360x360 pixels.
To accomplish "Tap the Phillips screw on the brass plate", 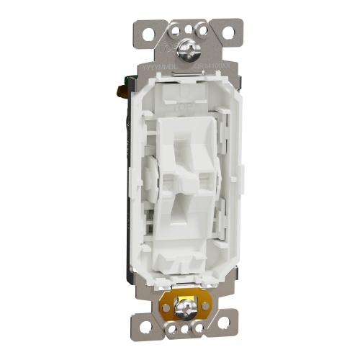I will (x=186, y=309).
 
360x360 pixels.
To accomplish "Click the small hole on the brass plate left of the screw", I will (x=166, y=307).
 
